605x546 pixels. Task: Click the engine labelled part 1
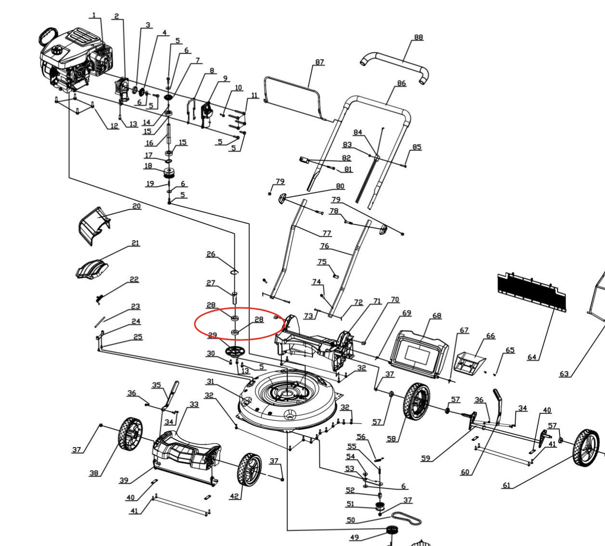coord(77,60)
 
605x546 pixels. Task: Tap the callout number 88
coord(418,37)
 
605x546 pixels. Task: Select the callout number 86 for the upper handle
coord(402,83)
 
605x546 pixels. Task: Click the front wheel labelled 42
coord(249,469)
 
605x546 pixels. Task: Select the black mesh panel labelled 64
coord(531,291)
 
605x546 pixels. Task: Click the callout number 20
coord(137,206)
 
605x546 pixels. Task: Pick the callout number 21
coord(135,243)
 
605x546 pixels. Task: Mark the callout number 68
coord(437,315)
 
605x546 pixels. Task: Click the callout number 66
coord(490,336)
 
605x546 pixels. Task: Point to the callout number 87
coord(320,62)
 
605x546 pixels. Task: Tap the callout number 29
coord(212,335)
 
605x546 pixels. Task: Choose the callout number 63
coord(564,374)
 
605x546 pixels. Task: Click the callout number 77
coord(326,233)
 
